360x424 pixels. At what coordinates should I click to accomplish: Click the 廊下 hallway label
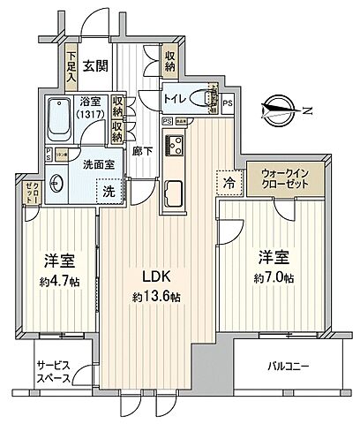tap(139, 151)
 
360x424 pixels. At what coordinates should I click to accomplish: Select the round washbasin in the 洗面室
tap(59, 183)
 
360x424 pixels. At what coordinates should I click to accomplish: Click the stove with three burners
tap(174, 145)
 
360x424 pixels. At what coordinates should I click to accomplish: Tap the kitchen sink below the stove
tap(174, 192)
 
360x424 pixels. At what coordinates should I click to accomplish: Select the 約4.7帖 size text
tap(59, 282)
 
